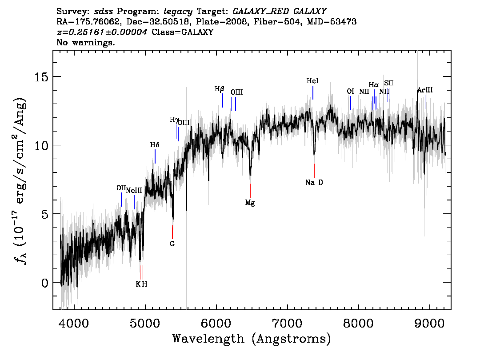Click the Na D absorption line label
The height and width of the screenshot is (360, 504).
coord(314,183)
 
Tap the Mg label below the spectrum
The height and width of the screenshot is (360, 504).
coord(250,203)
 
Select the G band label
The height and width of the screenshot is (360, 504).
coord(172,244)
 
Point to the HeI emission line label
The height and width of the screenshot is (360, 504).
coord(312,81)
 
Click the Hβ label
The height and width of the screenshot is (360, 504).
coord(219,89)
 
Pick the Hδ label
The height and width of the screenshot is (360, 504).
coord(155,145)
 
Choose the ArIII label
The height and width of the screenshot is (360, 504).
coord(425,90)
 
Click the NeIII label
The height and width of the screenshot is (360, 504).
coord(134,190)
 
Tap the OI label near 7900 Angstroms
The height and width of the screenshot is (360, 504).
coord(350,91)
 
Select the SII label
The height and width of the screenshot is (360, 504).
coord(388,83)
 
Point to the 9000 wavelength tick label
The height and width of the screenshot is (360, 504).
coord(429,323)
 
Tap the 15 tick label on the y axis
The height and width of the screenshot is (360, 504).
coord(41,77)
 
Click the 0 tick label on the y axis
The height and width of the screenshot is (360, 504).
coord(45,283)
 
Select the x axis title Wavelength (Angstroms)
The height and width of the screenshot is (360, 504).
coord(252,339)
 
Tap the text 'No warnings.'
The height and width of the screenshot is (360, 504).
coord(85,42)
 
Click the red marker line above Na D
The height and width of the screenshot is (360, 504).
coord(314,170)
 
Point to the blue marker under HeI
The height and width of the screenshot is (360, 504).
coord(313,92)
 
